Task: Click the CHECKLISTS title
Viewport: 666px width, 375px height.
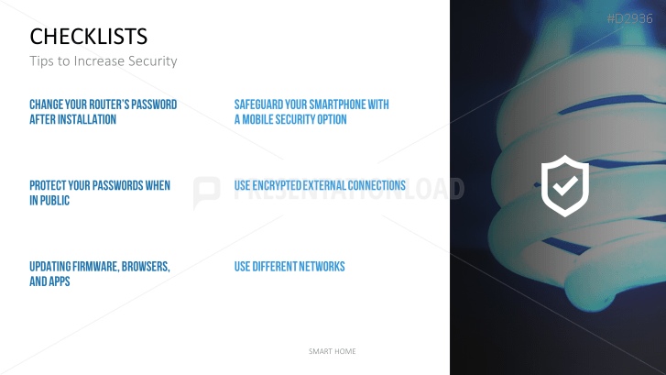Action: [x=88, y=36]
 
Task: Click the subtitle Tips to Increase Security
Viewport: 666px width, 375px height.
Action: [x=104, y=61]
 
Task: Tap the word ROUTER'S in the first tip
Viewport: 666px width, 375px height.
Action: [x=104, y=105]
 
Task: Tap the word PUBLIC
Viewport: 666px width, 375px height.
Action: [x=55, y=200]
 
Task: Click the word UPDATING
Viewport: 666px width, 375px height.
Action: [x=49, y=267]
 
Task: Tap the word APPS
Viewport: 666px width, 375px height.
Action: [x=60, y=281]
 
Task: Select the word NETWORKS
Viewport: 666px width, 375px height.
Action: [x=322, y=267]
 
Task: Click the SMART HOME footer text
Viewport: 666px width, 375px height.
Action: [x=333, y=351]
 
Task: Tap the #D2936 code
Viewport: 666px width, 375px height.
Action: [x=629, y=18]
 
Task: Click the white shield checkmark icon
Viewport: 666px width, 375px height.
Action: [x=565, y=186]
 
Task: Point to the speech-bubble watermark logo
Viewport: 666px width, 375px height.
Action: [x=206, y=193]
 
